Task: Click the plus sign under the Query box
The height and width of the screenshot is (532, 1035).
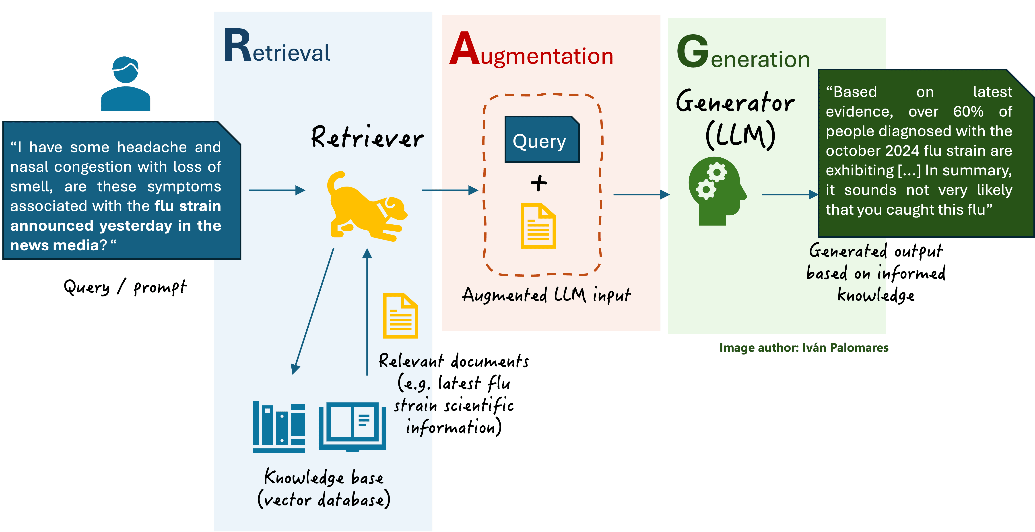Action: (539, 183)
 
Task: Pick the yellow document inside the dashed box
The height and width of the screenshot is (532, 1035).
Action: (538, 226)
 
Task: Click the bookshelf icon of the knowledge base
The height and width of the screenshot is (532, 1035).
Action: (279, 427)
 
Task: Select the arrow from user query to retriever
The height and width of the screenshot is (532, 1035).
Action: (277, 190)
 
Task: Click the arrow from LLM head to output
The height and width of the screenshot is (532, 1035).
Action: (790, 195)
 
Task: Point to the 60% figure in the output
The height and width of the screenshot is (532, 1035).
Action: (968, 112)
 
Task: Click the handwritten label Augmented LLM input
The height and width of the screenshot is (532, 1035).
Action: (546, 295)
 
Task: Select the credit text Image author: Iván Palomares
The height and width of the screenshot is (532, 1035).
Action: (804, 348)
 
